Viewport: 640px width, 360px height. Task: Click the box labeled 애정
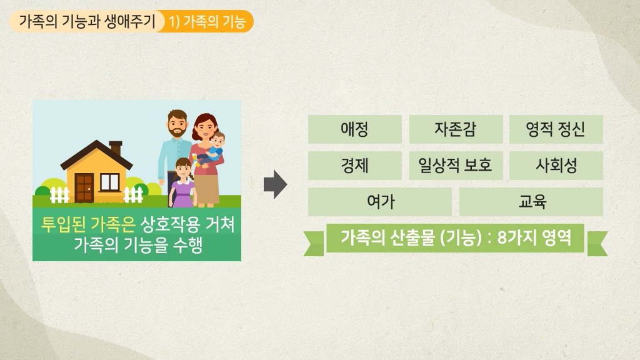[355, 129]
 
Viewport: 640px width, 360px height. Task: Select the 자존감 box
[456, 129]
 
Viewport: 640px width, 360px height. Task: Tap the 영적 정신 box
[556, 129]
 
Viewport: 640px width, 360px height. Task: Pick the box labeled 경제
[355, 166]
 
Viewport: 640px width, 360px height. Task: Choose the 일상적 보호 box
[456, 166]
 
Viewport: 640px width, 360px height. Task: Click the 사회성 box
[556, 166]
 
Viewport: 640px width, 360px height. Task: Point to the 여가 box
[380, 202]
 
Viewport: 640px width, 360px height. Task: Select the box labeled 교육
[531, 202]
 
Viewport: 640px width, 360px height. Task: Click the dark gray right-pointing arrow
[276, 184]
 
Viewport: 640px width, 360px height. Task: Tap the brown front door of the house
[84, 187]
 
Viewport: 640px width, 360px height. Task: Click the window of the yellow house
[110, 182]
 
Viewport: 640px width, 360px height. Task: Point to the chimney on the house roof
[116, 147]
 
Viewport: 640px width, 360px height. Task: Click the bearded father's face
[177, 124]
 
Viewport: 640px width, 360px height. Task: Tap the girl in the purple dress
[182, 182]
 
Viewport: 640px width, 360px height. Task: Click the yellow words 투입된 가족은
[87, 224]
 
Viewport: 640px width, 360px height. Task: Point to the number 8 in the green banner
[502, 237]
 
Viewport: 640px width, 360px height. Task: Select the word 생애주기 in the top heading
[130, 21]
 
